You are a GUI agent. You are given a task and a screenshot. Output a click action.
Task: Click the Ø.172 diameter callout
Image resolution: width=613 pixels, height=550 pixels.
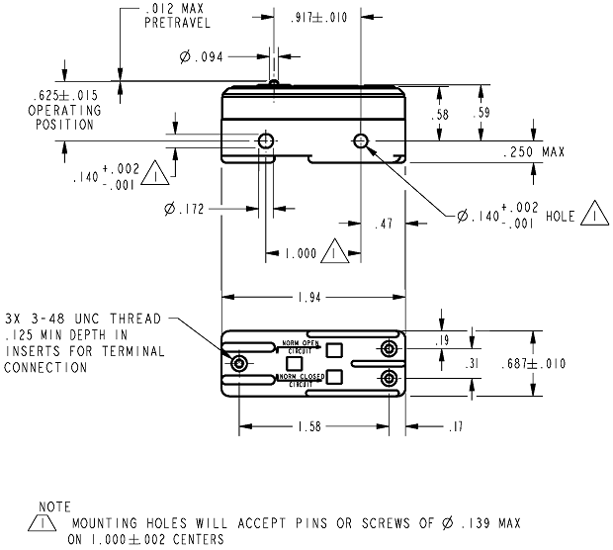pyautogui.click(x=185, y=209)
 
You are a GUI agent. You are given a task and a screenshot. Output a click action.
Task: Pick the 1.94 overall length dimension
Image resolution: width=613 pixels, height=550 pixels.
pyautogui.click(x=313, y=296)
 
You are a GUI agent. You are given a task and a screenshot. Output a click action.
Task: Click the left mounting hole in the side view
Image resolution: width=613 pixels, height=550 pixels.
pyautogui.click(x=266, y=141)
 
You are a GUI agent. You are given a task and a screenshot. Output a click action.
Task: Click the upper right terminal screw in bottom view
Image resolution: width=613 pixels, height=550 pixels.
pyautogui.click(x=390, y=349)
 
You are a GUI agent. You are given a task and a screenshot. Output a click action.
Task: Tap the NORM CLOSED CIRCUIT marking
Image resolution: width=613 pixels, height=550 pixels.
pyautogui.click(x=301, y=380)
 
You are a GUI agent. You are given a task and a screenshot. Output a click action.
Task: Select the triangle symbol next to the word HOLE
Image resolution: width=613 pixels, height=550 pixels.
pyautogui.click(x=592, y=213)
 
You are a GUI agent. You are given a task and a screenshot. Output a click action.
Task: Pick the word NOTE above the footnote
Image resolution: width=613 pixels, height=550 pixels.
pyautogui.click(x=48, y=506)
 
